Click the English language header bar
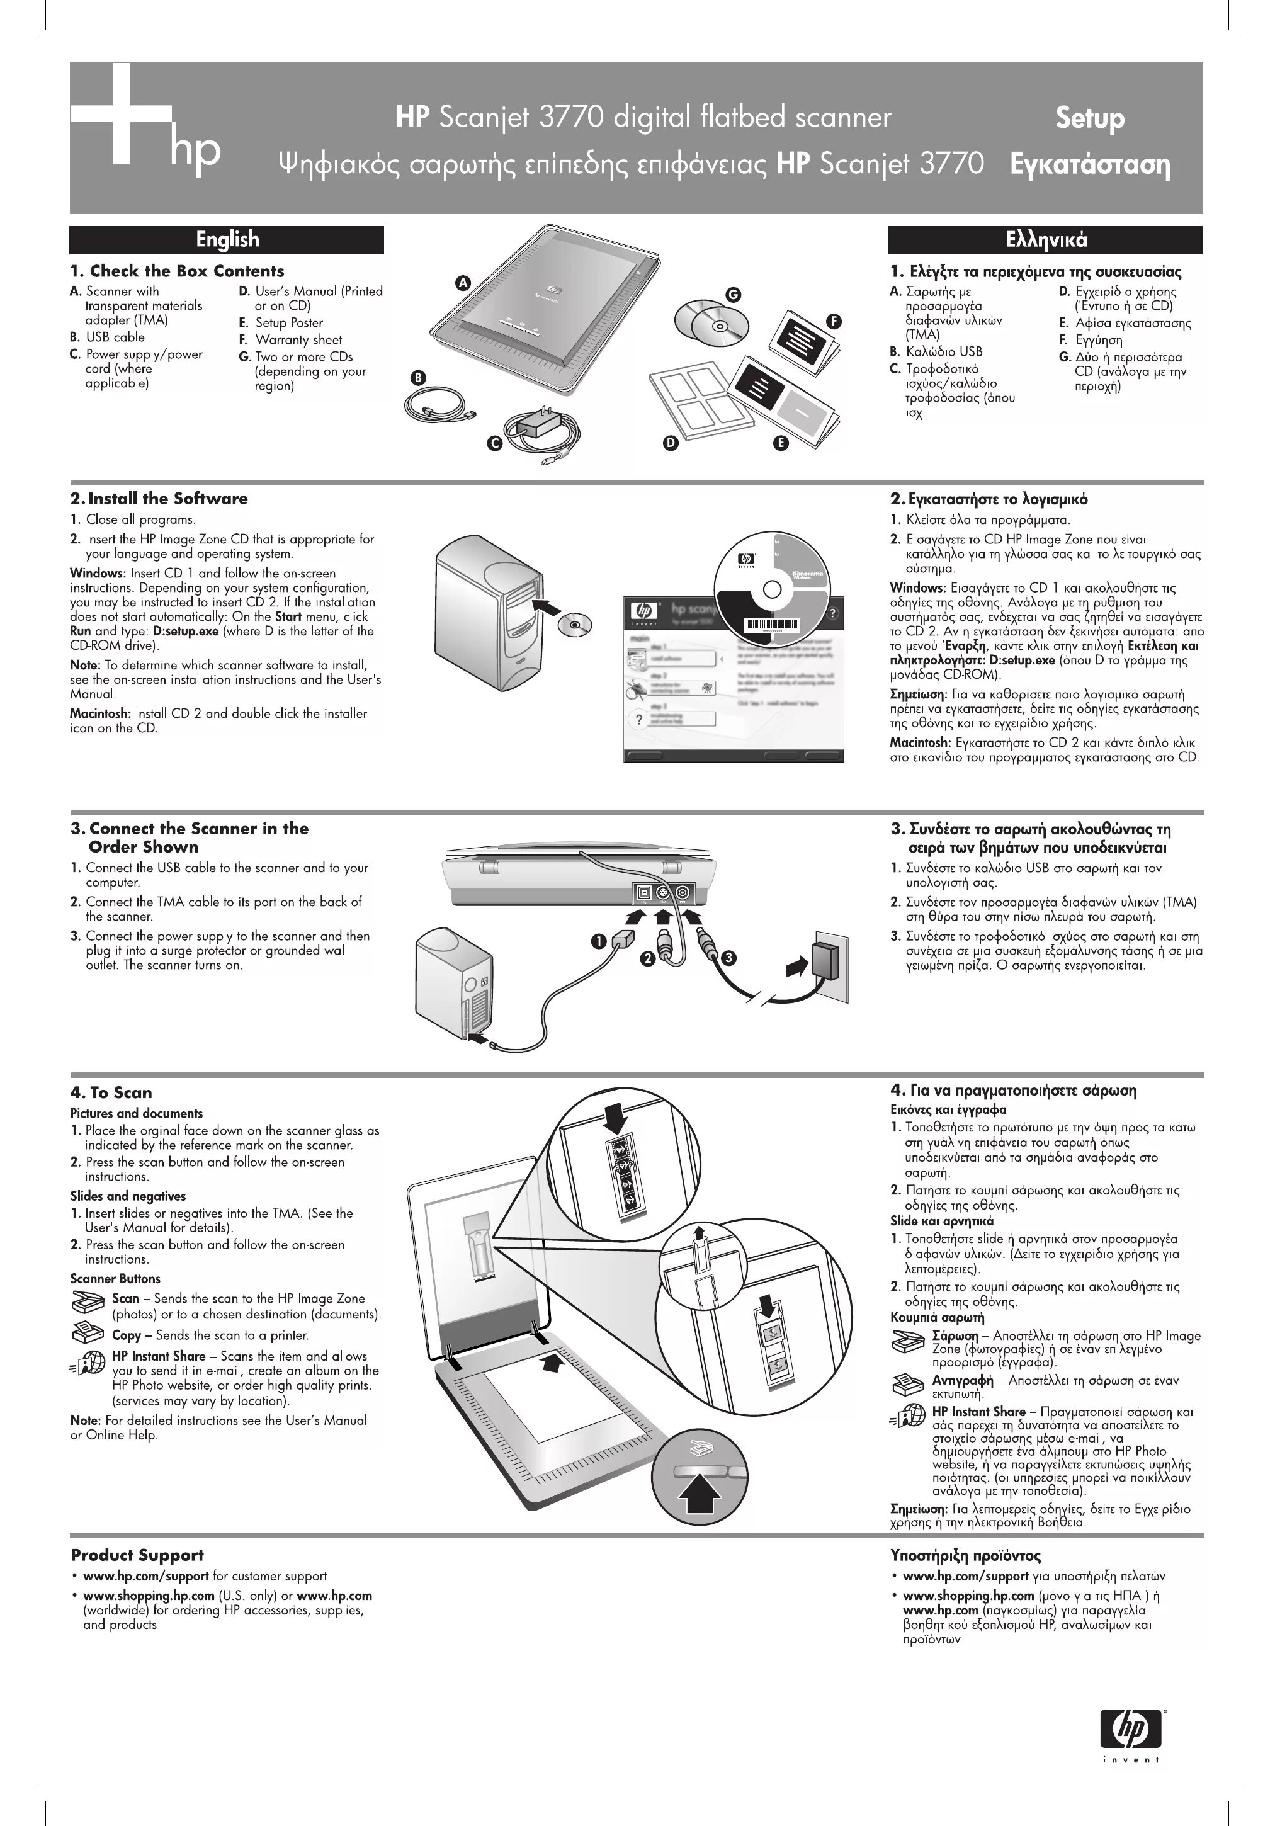click(227, 239)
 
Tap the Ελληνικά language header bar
click(1045, 239)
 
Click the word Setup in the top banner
click(1090, 118)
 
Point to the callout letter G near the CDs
click(732, 294)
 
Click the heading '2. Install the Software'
click(159, 499)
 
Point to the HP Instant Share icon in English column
click(88, 1361)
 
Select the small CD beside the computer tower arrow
click(574, 625)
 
